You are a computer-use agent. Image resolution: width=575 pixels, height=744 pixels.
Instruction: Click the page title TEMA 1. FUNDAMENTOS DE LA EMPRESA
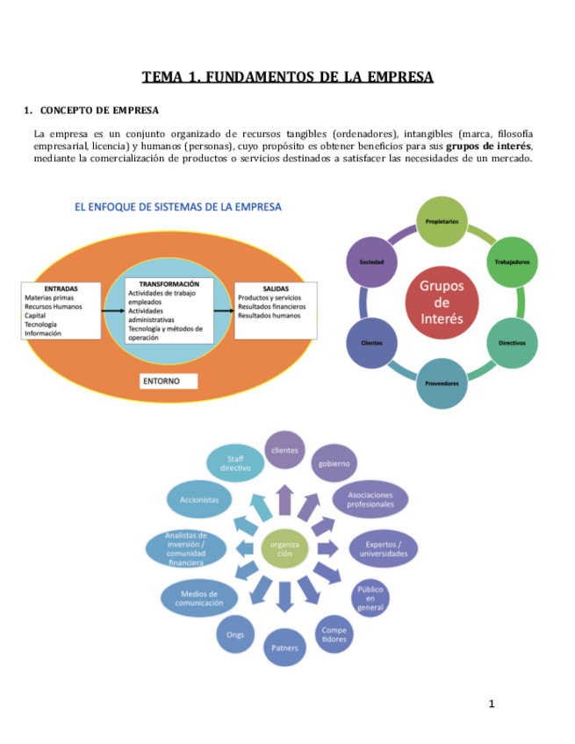click(288, 77)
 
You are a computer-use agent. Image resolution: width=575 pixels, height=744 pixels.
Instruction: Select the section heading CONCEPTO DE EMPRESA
click(99, 111)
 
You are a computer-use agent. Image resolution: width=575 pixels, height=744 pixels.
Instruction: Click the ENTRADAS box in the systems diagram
click(61, 311)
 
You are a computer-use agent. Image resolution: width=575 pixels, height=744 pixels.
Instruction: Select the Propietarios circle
click(442, 222)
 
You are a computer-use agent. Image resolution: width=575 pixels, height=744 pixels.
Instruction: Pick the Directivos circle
click(512, 343)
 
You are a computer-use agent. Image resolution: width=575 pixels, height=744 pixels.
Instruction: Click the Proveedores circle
click(442, 383)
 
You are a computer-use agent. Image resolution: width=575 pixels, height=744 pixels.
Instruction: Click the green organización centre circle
click(284, 549)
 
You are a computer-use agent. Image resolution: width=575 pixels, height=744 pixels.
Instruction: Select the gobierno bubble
click(334, 463)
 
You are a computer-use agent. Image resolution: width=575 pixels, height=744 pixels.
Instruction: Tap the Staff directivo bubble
click(234, 463)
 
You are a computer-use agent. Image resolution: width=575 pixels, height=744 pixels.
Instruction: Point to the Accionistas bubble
click(199, 498)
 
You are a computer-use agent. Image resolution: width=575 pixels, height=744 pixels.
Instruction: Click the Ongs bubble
click(235, 633)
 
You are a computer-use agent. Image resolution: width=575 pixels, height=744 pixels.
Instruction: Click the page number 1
click(492, 704)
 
